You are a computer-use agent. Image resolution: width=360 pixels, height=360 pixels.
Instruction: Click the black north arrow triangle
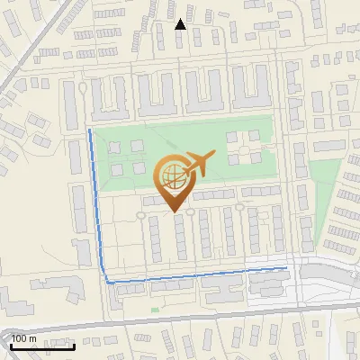(180, 24)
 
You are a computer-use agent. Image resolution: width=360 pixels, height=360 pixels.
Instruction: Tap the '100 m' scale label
(24, 338)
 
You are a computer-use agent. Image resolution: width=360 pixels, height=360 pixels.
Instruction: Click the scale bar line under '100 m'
(42, 346)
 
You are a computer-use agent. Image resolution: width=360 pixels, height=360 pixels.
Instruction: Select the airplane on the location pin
(199, 164)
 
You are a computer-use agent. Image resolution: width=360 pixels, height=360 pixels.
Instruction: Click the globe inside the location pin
(173, 175)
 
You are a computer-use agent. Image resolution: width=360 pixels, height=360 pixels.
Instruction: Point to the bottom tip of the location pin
(174, 211)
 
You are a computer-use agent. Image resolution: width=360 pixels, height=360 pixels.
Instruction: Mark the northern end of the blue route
(89, 131)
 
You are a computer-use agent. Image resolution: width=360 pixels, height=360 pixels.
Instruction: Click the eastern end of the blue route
(286, 267)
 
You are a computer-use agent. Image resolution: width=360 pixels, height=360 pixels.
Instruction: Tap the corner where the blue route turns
(107, 282)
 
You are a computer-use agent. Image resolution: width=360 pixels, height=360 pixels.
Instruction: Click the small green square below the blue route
(155, 310)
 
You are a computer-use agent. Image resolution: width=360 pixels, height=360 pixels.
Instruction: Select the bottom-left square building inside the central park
(117, 170)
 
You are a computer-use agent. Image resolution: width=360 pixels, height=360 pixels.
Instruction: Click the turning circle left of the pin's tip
(140, 216)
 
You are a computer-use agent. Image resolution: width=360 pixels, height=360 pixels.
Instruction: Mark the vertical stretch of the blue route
(94, 198)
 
